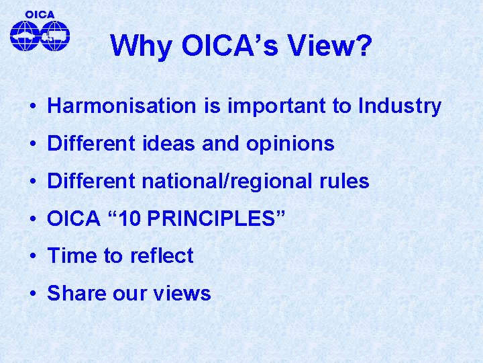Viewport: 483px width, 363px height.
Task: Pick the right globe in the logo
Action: (55, 35)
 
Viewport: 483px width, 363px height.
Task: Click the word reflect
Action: (162, 256)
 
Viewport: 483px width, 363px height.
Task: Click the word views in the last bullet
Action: (183, 294)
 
